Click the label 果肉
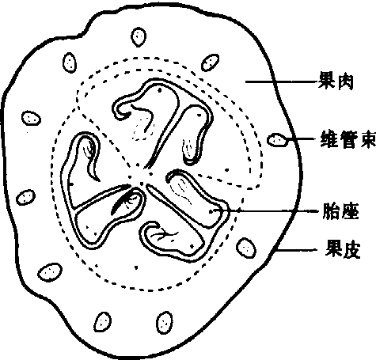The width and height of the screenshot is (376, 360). [336, 81]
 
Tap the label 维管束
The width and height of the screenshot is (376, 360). [348, 139]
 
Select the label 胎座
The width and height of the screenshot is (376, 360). [340, 211]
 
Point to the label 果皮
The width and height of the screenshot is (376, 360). [343, 249]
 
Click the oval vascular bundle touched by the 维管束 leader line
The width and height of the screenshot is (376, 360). [277, 140]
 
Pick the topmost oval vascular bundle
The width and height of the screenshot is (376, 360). [139, 37]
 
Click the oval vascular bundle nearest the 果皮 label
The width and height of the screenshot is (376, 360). [245, 248]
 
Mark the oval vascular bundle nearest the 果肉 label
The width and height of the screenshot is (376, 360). [211, 63]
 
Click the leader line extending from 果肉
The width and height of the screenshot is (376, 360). [282, 82]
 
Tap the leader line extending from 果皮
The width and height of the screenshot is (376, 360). [296, 249]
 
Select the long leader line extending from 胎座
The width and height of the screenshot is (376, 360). [266, 210]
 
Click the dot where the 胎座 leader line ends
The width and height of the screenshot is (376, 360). [211, 211]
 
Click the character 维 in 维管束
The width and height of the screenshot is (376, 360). [329, 139]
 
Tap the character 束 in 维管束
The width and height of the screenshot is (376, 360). [367, 139]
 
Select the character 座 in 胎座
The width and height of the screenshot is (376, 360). [351, 211]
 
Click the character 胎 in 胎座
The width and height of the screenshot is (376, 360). [331, 211]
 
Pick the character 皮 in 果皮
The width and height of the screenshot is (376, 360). [352, 249]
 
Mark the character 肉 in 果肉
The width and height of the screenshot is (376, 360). [345, 81]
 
